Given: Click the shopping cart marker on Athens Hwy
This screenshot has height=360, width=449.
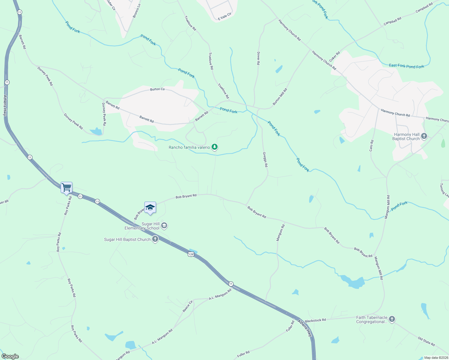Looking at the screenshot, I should tap(66, 188).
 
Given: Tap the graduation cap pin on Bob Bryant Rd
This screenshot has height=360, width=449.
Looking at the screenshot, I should tap(150, 208).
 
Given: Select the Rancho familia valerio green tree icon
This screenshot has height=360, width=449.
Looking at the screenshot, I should tap(214, 147).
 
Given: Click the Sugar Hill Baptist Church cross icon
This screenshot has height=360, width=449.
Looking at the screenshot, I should tap(155, 239).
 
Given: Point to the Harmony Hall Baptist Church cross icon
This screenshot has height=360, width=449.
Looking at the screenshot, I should tap(424, 136).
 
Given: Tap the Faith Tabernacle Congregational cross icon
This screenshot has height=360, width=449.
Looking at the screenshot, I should tap(392, 319).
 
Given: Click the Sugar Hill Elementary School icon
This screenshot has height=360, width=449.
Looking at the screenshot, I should tap(164, 226).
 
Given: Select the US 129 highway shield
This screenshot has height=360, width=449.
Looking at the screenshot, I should tap(191, 254).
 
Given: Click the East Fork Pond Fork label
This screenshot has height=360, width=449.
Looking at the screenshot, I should tap(406, 66).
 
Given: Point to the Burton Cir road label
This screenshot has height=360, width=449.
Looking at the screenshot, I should tap(158, 89).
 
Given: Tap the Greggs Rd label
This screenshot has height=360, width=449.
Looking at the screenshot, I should tap(265, 159).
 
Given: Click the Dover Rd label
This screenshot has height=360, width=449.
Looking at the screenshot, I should tap(258, 58).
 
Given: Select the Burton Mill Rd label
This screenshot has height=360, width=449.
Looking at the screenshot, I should tap(280, 97).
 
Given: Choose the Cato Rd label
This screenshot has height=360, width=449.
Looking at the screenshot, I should tap(372, 145).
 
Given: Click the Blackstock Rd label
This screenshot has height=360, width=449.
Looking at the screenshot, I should tap(315, 320).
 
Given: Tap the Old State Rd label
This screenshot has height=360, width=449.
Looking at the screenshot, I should tap(426, 341).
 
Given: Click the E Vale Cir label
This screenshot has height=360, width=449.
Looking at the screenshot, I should tap(224, 16).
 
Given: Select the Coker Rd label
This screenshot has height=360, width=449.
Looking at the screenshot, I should tap(334, 57).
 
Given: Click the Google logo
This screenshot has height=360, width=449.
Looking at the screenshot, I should tap(10, 356).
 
